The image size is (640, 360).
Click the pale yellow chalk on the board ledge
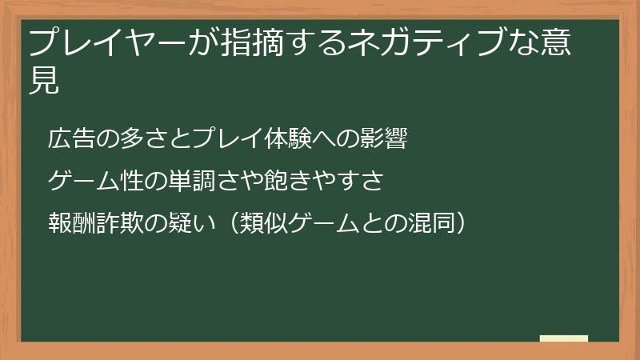(564, 339)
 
